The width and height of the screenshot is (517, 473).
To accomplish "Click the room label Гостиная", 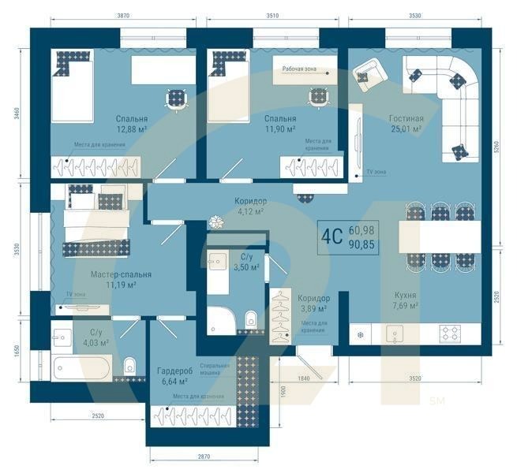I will [406, 119].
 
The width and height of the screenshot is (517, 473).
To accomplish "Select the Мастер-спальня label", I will [110, 274].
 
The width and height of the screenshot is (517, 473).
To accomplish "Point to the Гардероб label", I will [175, 371].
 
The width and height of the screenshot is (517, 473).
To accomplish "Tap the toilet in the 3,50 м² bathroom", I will [251, 319].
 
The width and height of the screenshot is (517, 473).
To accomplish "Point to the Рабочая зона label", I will [299, 69].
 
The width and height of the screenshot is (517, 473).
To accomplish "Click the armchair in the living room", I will [367, 74].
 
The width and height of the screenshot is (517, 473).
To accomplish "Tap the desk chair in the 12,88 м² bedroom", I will [175, 99].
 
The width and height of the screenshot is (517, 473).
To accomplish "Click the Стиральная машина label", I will [214, 371].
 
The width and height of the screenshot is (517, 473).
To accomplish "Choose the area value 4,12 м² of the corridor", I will [249, 211].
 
